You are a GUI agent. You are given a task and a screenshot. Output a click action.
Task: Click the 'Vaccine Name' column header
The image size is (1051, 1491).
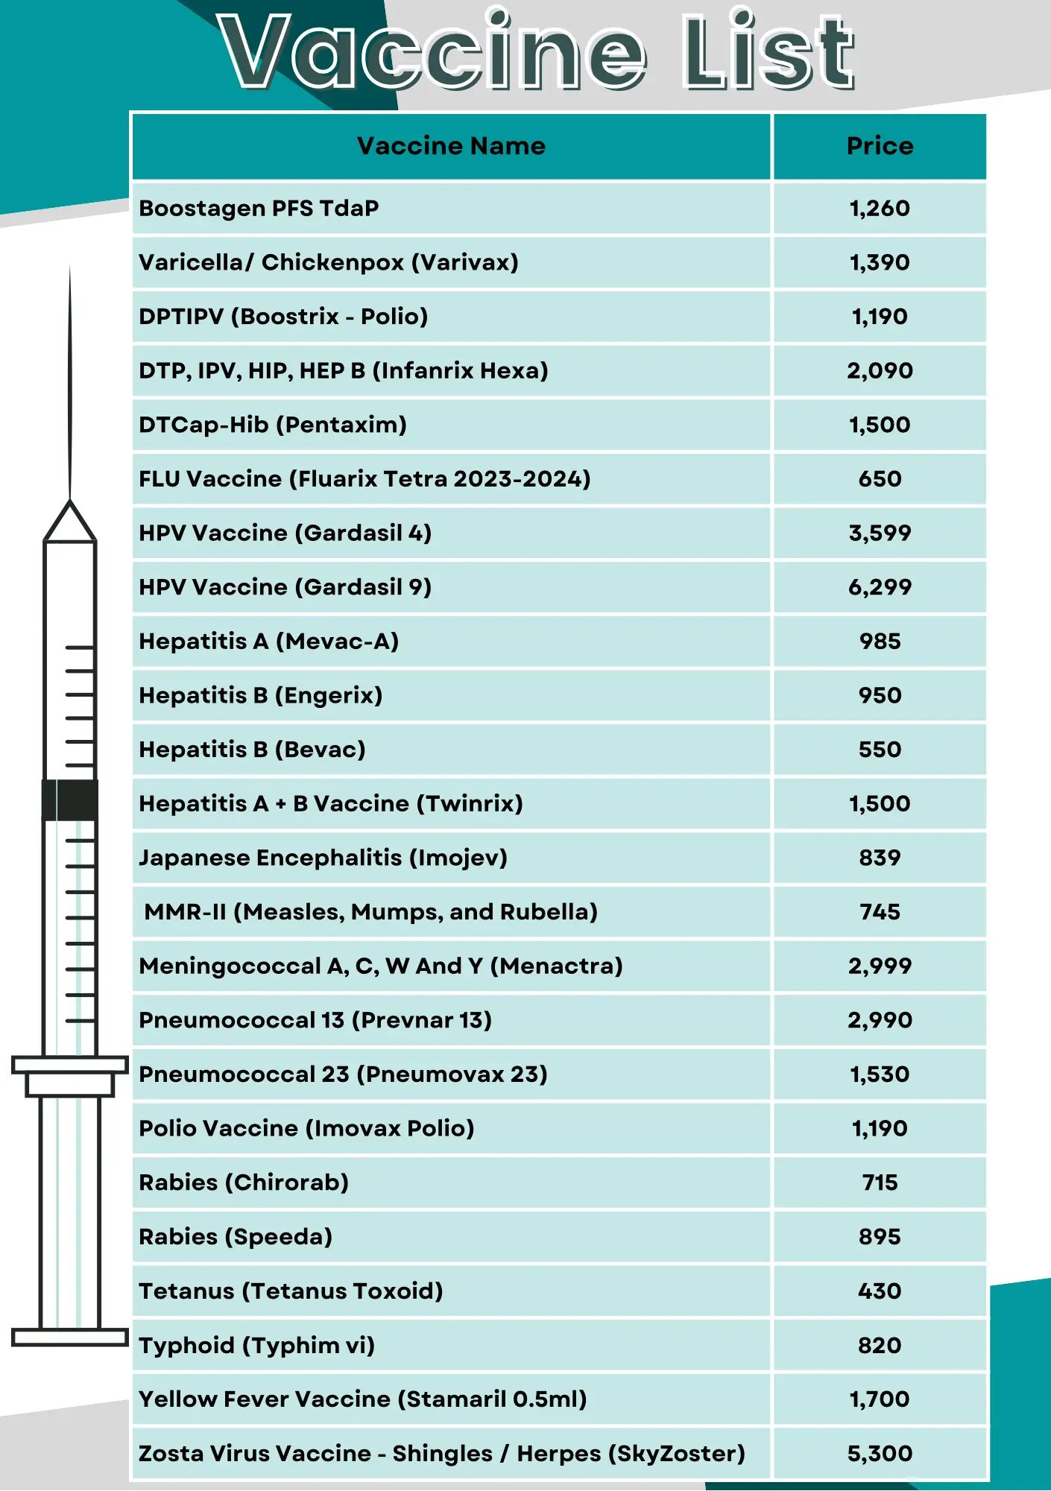click(451, 146)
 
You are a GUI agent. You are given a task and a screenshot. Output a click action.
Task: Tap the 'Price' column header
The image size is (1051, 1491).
click(880, 146)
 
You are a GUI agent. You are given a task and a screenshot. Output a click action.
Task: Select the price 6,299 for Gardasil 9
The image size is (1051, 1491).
click(880, 587)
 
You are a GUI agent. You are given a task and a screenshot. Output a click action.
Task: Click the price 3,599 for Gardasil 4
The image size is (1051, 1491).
click(880, 533)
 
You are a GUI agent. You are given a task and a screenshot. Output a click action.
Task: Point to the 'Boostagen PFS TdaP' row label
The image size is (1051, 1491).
click(259, 208)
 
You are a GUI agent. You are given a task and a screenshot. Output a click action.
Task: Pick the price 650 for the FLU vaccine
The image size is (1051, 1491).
click(880, 478)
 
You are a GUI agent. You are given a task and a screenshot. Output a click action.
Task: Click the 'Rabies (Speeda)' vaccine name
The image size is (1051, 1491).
click(236, 1237)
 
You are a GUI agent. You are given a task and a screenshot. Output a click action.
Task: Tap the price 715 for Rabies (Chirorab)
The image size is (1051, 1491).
click(880, 1183)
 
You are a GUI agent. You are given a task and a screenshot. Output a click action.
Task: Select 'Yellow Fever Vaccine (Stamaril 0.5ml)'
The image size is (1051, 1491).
click(363, 1399)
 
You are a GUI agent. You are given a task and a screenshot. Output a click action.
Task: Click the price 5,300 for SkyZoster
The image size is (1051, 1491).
click(880, 1454)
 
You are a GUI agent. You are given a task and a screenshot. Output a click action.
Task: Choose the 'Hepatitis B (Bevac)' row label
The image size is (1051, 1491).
click(252, 750)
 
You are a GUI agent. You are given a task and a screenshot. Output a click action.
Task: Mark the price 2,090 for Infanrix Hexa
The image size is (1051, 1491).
click(880, 370)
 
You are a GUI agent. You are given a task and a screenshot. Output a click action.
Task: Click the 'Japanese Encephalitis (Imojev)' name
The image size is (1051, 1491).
click(323, 858)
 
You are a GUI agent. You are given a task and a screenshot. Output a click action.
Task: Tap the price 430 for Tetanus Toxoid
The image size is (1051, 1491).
click(880, 1291)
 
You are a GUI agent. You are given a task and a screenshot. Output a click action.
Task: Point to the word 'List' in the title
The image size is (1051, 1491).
click(768, 52)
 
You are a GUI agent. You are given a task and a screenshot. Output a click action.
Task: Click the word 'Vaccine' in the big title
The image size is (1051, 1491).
click(432, 52)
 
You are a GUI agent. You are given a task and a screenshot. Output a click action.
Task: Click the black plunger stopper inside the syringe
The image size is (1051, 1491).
click(70, 800)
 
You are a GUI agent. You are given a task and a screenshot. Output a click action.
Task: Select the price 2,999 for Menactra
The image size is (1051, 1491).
click(880, 966)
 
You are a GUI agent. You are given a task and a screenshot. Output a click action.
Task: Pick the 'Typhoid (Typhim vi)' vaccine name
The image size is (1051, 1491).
click(256, 1346)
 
